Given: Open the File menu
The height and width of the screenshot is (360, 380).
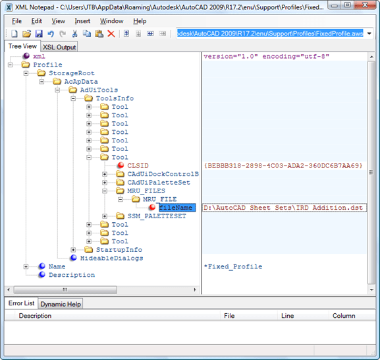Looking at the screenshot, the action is pos(16,21).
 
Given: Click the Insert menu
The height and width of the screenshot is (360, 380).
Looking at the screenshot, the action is pos(82,21).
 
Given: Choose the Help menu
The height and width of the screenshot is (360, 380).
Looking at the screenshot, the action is pos(140,21).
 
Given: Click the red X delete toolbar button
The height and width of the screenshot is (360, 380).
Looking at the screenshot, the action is pos(111,34).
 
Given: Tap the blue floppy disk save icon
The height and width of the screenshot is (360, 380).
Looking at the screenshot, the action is pos(39,34).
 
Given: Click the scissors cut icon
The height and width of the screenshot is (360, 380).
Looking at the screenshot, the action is pos(74,34).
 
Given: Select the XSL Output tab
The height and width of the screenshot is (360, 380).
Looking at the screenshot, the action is pos(59,47).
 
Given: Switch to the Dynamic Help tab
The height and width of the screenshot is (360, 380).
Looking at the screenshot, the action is pos(61,304).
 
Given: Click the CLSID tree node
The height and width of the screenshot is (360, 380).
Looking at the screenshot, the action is pos(138,165).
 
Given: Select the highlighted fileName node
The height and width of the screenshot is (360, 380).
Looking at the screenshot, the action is pos(177,208).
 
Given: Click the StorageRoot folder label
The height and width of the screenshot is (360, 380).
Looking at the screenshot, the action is pos(72,73).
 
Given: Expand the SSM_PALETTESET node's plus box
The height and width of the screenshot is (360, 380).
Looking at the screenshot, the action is pos(105,216).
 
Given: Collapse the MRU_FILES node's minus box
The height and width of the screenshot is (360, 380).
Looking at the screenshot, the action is pos(105,191).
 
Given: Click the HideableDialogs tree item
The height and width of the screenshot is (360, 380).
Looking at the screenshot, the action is pos(111,258).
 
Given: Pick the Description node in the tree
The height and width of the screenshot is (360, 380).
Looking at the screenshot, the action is pos(72,275).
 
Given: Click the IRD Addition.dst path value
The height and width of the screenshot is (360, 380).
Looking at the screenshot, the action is pos(283,208).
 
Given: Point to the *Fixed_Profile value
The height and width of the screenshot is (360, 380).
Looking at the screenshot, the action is pos(233,266).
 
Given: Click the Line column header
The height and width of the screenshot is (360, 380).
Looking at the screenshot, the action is pos(287,316).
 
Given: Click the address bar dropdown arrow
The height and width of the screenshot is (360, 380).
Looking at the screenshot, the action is pos(369,34).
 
